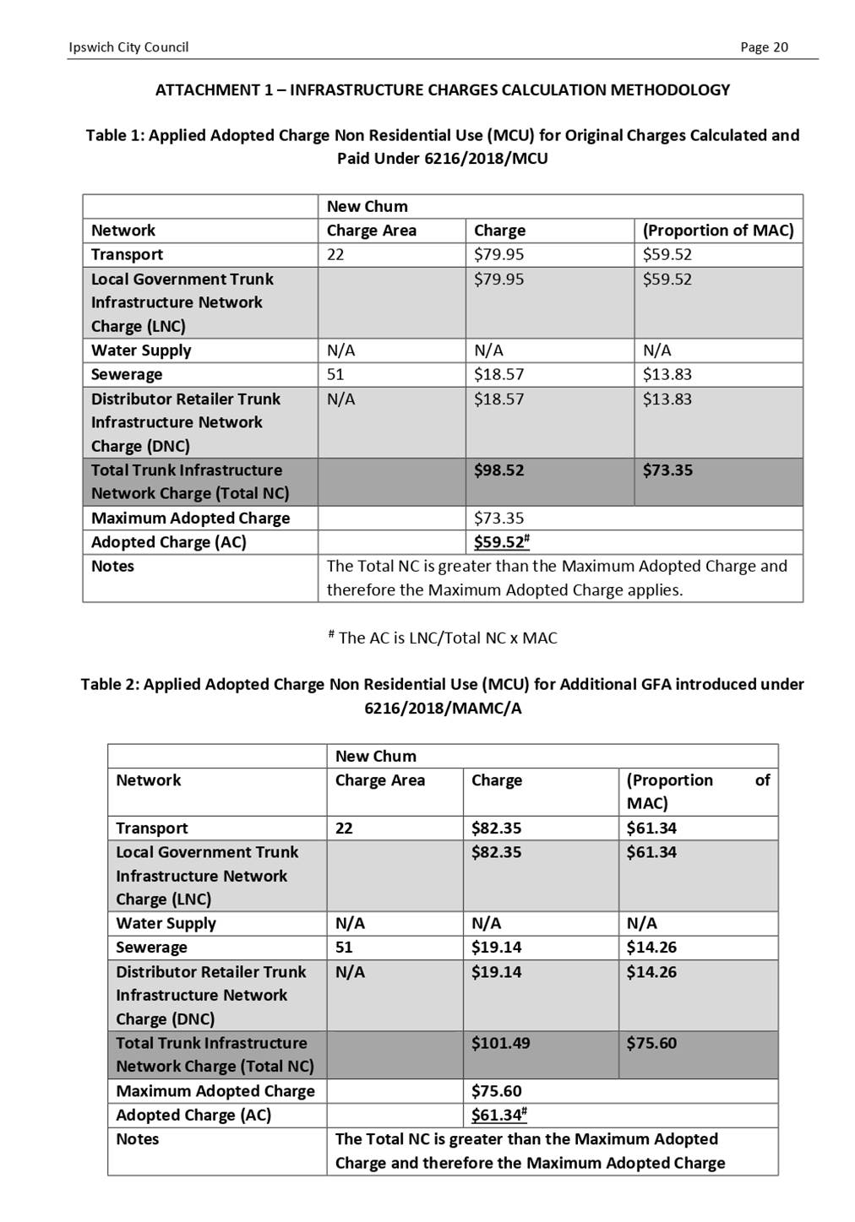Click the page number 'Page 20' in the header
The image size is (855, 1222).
pos(764,47)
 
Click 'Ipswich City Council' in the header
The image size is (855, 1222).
pos(128,47)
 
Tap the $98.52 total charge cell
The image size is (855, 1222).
pos(498,470)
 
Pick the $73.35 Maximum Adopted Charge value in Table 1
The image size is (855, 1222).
pos(498,519)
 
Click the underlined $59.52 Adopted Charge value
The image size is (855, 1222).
pos(500,542)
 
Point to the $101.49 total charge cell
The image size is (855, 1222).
pos(500,1043)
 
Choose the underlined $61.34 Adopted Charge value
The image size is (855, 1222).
pos(498,1115)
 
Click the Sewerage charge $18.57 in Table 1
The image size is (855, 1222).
pos(498,374)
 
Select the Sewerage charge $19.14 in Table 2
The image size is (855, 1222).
pos(496,948)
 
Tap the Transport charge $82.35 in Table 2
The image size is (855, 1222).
pos(496,828)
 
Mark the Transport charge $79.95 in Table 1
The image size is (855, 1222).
pos(498,254)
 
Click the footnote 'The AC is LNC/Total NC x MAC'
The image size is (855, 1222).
pos(447,638)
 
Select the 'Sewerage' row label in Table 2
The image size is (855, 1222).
pos(151,948)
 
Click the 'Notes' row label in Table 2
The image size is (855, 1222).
pos(137,1139)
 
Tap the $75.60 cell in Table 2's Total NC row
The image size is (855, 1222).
pos(651,1043)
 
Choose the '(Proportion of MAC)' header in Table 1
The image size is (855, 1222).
pos(717,231)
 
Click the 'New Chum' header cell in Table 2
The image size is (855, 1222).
pos(375,757)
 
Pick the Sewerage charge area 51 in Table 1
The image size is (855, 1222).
pos(335,374)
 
